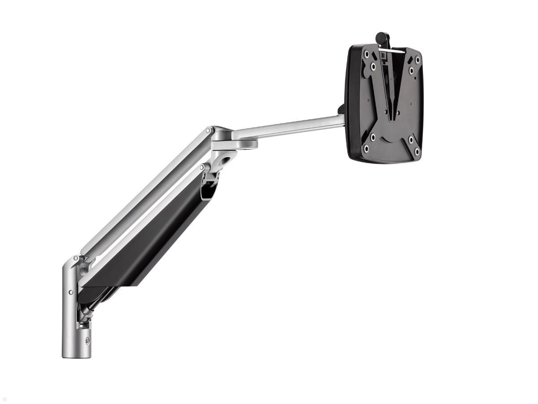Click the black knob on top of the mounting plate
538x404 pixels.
coord(382,37)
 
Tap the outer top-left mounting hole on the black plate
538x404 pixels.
coord(367,54)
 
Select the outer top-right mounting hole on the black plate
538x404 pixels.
coord(417,59)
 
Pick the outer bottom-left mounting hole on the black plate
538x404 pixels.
coord(366,149)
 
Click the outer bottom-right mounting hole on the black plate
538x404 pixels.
coord(417,152)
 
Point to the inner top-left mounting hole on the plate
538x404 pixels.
coord(373,66)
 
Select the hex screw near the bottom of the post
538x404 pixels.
coord(87,341)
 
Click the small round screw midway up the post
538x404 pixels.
coord(71,292)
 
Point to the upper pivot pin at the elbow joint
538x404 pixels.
coord(208,130)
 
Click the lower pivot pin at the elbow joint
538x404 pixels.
coord(202,167)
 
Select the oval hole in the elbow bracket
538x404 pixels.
coord(230,158)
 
